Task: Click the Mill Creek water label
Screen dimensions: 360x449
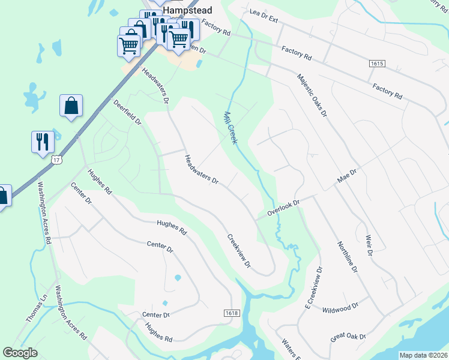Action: pyautogui.click(x=231, y=127)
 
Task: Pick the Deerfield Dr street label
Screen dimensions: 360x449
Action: pyautogui.click(x=127, y=112)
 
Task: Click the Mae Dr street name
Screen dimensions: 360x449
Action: pyautogui.click(x=347, y=176)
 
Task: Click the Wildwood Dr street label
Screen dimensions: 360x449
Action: pyautogui.click(x=340, y=308)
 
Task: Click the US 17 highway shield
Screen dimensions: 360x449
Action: pyautogui.click(x=56, y=160)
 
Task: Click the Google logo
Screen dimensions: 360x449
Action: pyautogui.click(x=20, y=353)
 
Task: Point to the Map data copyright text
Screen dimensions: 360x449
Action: pyautogui.click(x=423, y=355)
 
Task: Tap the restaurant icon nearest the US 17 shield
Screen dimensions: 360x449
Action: pyautogui.click(x=43, y=142)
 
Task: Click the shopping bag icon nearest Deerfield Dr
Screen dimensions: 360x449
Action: pyautogui.click(x=71, y=106)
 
